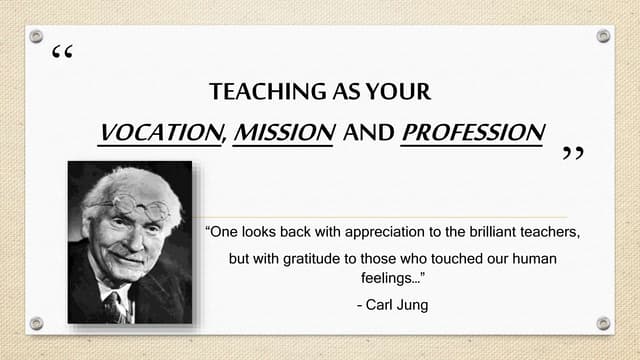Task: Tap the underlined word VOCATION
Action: [x=161, y=132]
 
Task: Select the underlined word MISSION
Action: [x=283, y=132]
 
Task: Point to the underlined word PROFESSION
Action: [x=472, y=132]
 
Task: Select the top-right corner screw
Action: [x=603, y=36]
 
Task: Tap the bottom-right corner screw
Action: [x=603, y=323]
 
